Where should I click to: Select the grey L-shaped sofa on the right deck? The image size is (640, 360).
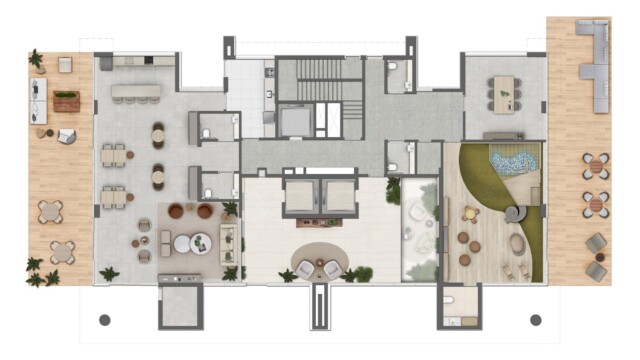pos(601,70)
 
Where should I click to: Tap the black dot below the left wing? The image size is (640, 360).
pos(104,320)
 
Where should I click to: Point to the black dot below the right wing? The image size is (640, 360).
pos(535,320)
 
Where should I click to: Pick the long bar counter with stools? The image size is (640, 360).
pos(135,92)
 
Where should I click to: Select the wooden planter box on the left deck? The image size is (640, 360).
pos(66,100)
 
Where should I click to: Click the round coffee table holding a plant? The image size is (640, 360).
pos(199,241)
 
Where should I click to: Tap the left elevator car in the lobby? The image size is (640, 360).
pos(299,197)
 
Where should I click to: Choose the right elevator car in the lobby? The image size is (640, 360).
pos(341,197)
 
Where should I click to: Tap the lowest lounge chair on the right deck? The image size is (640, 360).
pos(596,270)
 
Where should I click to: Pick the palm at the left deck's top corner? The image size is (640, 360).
pos(36,59)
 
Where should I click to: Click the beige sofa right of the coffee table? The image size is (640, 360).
pos(228,241)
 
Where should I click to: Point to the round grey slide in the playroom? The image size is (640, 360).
pos(514,213)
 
